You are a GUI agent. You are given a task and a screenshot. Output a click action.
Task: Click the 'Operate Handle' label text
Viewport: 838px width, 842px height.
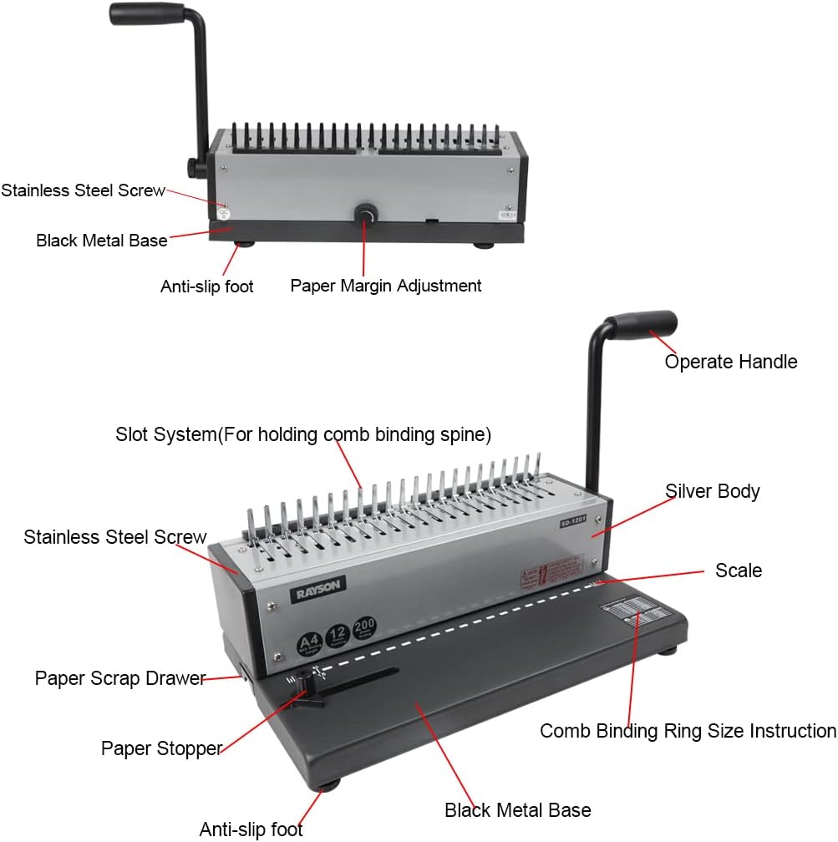click(730, 362)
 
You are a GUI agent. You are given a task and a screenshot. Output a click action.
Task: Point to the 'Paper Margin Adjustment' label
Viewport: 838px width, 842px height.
click(385, 286)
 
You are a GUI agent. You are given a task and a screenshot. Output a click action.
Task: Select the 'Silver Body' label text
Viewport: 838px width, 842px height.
click(712, 491)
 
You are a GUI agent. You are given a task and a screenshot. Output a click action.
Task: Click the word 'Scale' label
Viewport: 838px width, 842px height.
click(739, 571)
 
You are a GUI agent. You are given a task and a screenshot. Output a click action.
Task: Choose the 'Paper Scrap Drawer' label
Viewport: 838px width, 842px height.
click(119, 678)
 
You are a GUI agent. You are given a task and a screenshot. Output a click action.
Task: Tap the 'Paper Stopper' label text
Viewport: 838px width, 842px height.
click(161, 748)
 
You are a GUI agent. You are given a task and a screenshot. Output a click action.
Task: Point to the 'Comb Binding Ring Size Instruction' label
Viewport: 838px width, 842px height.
click(687, 731)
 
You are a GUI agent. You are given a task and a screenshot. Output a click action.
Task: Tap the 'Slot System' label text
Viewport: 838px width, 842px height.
click(302, 435)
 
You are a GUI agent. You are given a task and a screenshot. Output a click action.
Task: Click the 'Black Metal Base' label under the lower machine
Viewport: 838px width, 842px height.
click(517, 809)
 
